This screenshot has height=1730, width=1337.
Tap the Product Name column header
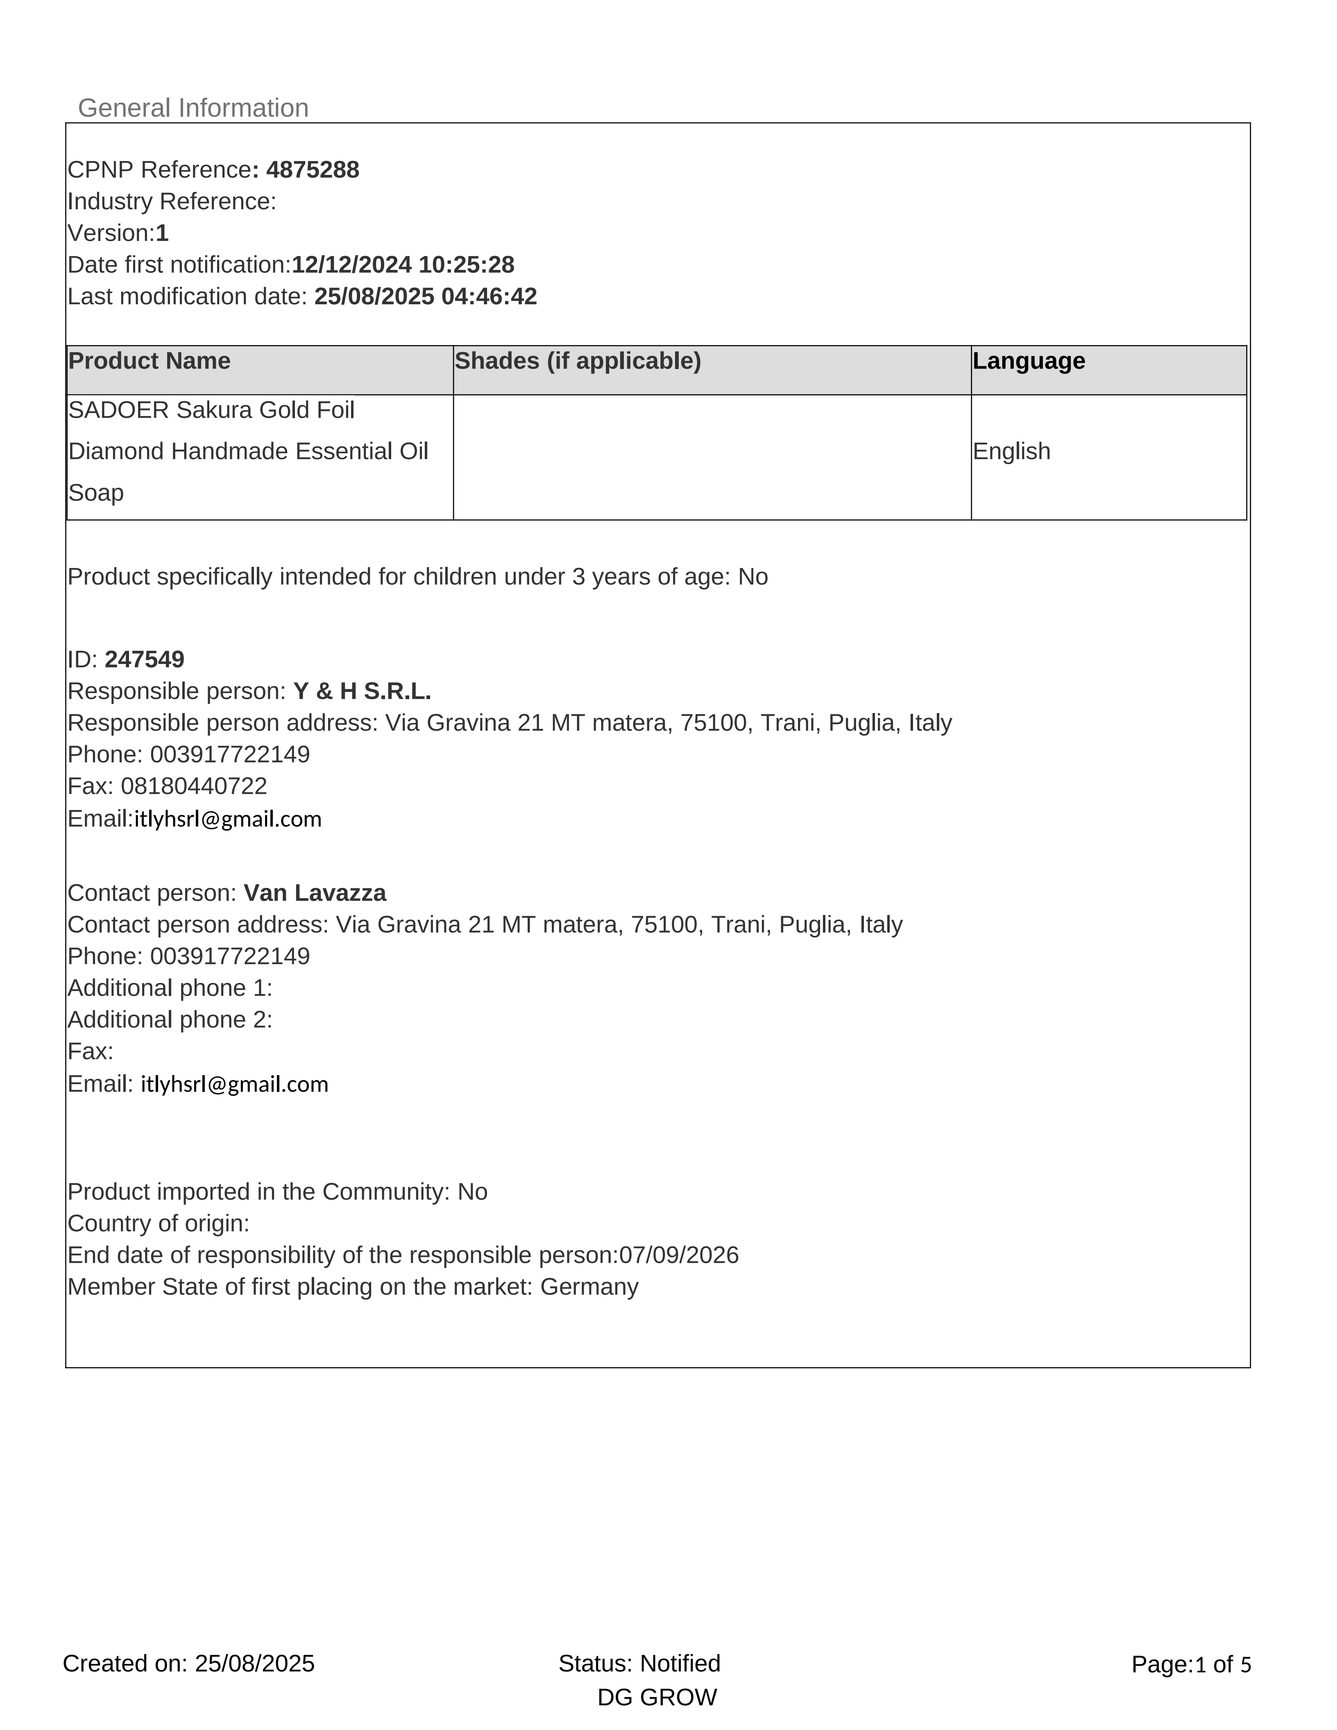tap(149, 361)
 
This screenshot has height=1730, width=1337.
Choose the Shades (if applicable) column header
tap(578, 361)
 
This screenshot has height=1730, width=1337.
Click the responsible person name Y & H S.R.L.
tap(362, 691)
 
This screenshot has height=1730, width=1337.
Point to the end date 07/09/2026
tap(679, 1255)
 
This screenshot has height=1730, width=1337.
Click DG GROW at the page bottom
tap(657, 1698)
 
